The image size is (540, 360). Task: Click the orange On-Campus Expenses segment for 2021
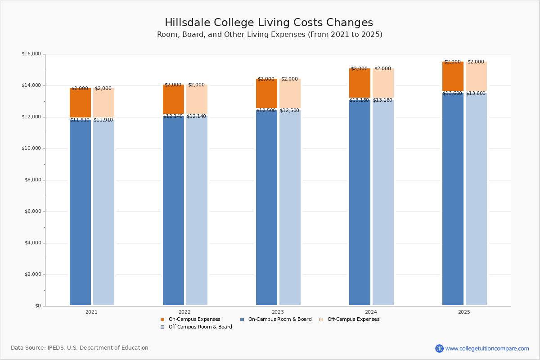pos(80,103)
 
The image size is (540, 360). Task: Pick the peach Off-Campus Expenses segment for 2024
pos(383,84)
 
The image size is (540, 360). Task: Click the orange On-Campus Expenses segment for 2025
pos(453,76)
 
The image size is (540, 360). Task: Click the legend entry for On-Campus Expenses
pos(194,319)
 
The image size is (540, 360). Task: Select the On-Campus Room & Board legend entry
pos(279,319)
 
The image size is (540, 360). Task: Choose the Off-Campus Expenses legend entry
pos(353,319)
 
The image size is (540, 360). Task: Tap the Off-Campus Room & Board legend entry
pos(200,327)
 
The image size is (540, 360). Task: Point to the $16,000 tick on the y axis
pos(31,54)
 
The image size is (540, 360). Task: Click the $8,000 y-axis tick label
pos(32,180)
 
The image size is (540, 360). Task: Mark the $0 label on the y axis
pos(38,306)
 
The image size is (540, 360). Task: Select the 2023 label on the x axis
pos(278,312)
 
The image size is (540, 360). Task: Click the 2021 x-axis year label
pos(91,312)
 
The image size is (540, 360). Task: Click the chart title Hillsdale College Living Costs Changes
pos(269,23)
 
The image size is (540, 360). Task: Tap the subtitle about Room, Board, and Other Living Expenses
pos(270,35)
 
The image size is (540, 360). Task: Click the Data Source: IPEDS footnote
pos(80,348)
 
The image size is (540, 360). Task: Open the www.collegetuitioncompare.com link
pos(487,348)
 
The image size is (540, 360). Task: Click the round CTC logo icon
pos(439,348)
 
